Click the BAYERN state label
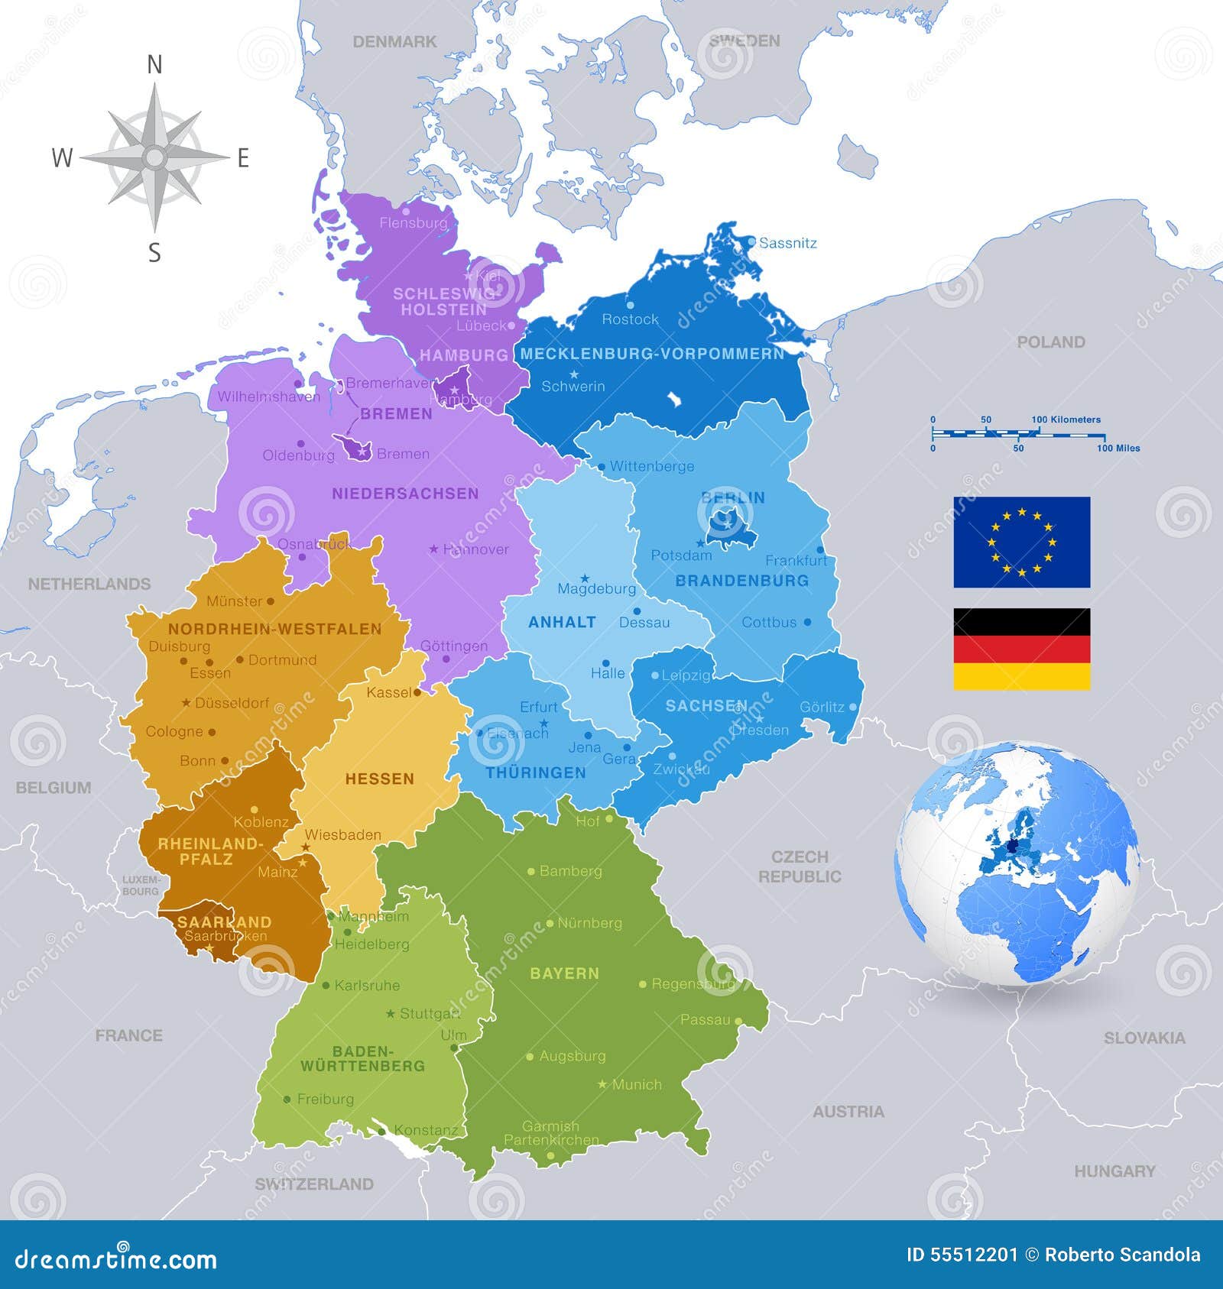(564, 973)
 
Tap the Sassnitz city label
(788, 243)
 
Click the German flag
(1021, 649)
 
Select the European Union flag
(1021, 542)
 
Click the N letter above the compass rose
(154, 66)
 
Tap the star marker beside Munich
(602, 1084)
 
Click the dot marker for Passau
(738, 1020)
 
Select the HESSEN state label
(379, 779)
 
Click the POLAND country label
(1050, 342)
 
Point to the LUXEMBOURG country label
(141, 886)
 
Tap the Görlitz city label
(822, 707)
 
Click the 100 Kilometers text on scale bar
(1066, 419)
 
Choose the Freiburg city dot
(287, 1100)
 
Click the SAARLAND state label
(224, 921)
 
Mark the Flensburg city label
(413, 223)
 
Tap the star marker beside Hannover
(433, 549)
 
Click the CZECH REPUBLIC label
(800, 866)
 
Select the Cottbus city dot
(807, 622)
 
